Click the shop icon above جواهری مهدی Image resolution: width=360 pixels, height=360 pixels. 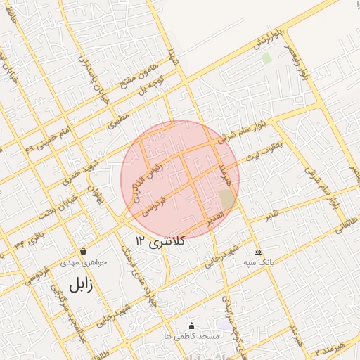coord(84,251)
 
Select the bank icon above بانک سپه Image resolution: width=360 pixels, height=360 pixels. coord(258,251)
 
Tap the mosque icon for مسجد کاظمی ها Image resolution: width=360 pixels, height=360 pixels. coord(191,326)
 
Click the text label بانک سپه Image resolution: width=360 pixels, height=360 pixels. coord(258,262)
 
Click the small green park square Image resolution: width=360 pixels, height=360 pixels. coord(266,58)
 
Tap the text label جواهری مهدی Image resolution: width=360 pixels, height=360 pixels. coord(88,262)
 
